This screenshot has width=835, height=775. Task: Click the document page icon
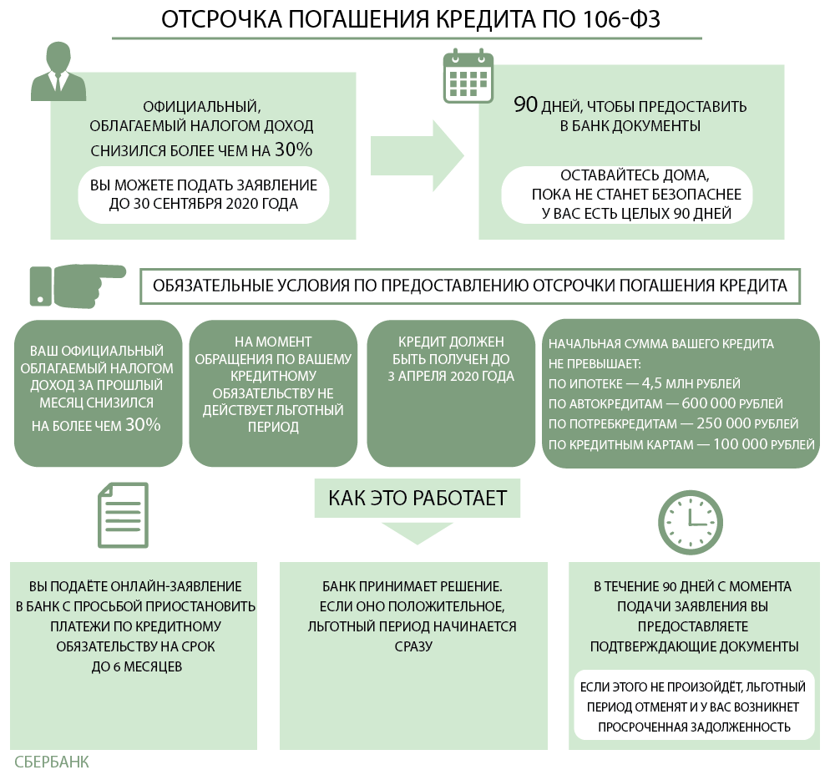[x=123, y=515]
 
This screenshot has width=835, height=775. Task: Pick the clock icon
[x=690, y=517]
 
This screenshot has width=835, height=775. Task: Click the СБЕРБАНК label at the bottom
[x=52, y=762]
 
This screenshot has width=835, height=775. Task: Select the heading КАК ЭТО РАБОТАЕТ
[x=417, y=499]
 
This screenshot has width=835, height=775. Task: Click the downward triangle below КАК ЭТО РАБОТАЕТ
[x=417, y=532]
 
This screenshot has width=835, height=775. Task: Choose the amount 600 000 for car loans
[x=711, y=403]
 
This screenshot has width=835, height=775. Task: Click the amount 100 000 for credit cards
[x=741, y=444]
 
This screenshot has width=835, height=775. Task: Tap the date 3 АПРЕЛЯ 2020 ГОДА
[x=451, y=376]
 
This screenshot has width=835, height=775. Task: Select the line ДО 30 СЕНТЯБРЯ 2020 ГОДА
[x=204, y=203]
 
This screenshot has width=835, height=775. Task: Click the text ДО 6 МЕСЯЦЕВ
[x=136, y=666]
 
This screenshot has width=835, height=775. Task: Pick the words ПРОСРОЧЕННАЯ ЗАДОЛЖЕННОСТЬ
[x=693, y=727]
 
